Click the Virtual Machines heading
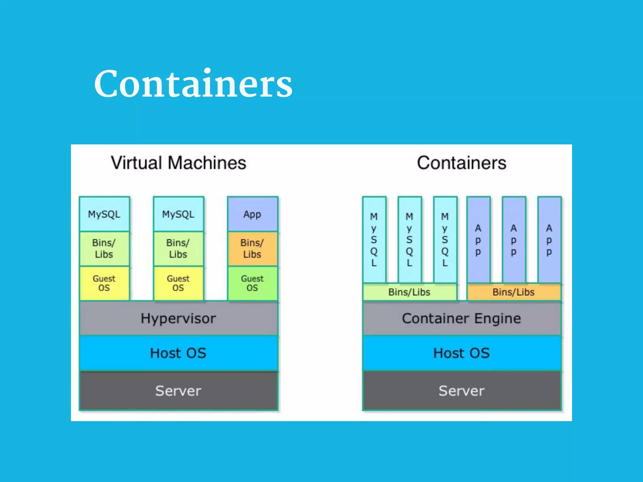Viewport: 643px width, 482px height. [x=178, y=163]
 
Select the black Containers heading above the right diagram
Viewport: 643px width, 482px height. [x=462, y=163]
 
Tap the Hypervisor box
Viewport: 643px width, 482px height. [x=178, y=318]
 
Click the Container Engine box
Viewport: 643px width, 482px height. [x=462, y=318]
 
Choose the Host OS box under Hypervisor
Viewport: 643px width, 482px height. [x=178, y=353]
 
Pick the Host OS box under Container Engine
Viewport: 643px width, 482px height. [x=462, y=353]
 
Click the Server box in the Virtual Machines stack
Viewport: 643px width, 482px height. [x=178, y=391]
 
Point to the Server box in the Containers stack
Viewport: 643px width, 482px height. [x=462, y=391]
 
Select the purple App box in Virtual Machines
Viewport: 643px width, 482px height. [x=252, y=214]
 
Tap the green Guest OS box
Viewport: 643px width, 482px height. [x=252, y=283]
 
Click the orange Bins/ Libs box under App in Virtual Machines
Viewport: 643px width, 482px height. [x=252, y=249]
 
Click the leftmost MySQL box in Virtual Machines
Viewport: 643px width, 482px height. [x=104, y=214]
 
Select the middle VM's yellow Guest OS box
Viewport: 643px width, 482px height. [x=178, y=283]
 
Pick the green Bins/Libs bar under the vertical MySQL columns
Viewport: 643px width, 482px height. [x=409, y=292]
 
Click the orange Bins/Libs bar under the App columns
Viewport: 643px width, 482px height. [x=514, y=292]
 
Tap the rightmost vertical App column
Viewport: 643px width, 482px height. [x=549, y=240]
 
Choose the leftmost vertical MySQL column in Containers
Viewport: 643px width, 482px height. [x=374, y=240]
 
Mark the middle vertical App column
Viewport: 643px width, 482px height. [x=514, y=240]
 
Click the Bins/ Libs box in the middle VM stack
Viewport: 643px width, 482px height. [x=178, y=249]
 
